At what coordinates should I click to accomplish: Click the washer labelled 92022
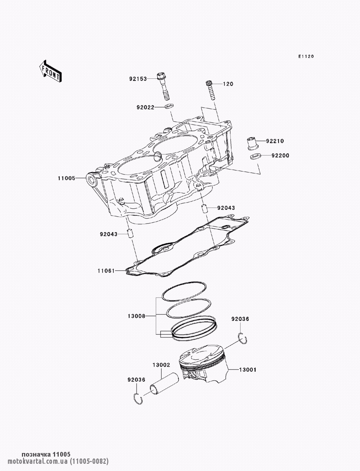[x=168, y=106]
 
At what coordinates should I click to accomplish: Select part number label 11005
[x=66, y=178]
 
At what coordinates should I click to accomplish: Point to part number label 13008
[x=136, y=316]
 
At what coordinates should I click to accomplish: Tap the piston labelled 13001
[x=203, y=365]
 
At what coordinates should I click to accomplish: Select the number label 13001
[x=246, y=370]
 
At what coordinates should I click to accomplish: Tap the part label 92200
[x=280, y=155]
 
